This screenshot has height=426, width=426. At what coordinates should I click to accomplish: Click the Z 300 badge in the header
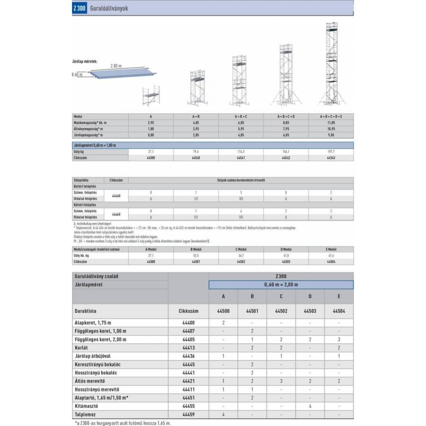pyautogui.click(x=80, y=9)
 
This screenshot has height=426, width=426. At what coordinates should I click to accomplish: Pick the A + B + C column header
pyautogui.click(x=241, y=116)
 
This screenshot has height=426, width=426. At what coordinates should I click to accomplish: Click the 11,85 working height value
pyautogui.click(x=331, y=122)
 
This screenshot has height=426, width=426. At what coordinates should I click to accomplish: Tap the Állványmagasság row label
pyautogui.click(x=88, y=128)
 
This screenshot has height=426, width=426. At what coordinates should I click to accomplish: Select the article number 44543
pyautogui.click(x=331, y=157)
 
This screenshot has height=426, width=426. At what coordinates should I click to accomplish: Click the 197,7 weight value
pyautogui.click(x=331, y=151)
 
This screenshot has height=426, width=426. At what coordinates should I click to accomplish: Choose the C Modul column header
pyautogui.click(x=241, y=248)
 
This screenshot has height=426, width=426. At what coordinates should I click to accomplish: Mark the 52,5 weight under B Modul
pyautogui.click(x=196, y=255)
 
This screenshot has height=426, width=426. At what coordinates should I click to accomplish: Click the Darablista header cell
pyautogui.click(x=86, y=311)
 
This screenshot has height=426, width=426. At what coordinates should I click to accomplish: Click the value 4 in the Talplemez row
pyautogui.click(x=223, y=414)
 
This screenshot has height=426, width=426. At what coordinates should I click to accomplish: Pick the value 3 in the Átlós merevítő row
pyautogui.click(x=281, y=381)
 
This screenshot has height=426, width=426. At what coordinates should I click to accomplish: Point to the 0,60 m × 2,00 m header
pyautogui.click(x=281, y=284)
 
